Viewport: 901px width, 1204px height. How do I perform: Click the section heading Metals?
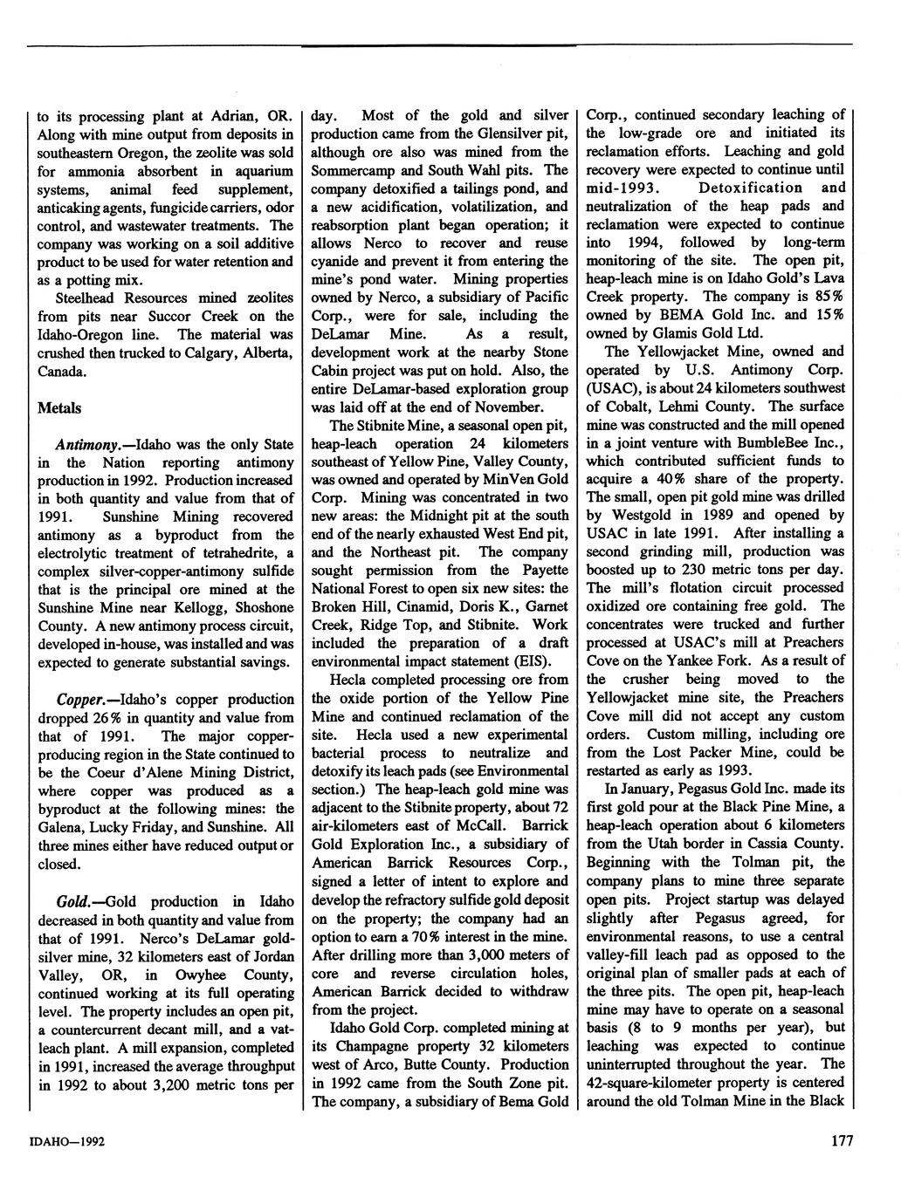tap(59, 407)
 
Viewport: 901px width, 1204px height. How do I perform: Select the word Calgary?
tap(196, 352)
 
